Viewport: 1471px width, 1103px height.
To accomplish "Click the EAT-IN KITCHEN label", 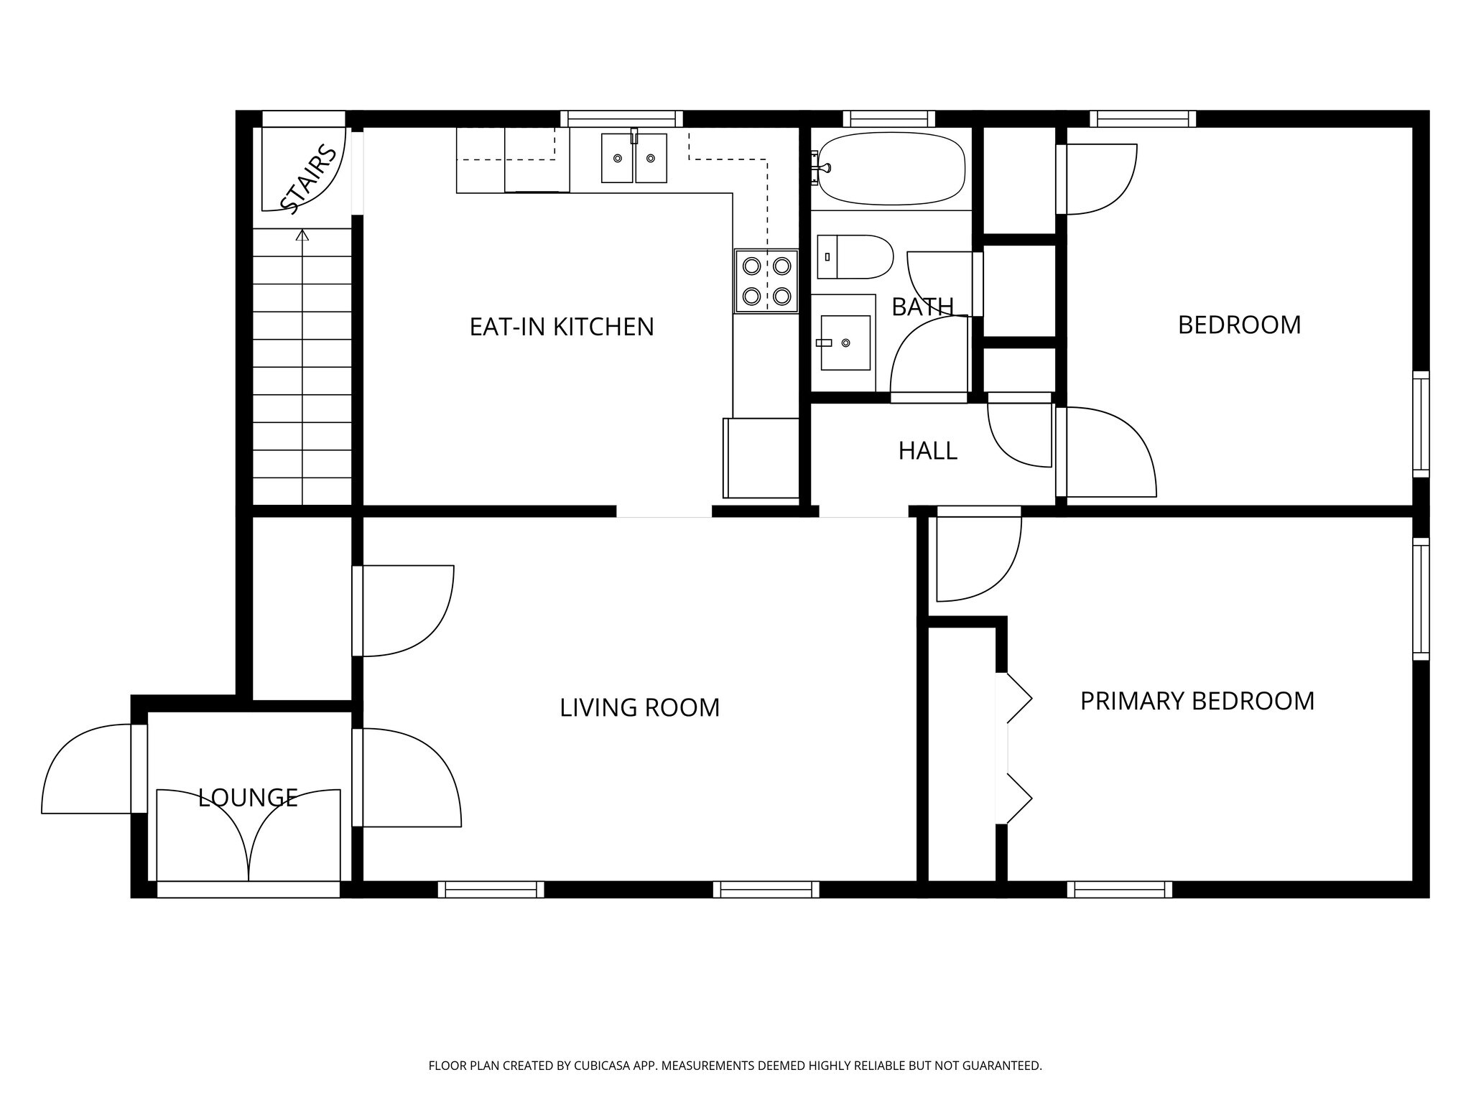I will [x=562, y=327].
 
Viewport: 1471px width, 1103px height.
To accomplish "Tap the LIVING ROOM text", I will [x=639, y=707].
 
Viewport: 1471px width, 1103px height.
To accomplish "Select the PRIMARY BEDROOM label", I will [x=1197, y=701].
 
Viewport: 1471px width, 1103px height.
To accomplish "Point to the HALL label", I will [x=927, y=451].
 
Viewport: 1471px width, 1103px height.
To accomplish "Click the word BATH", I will [x=922, y=307].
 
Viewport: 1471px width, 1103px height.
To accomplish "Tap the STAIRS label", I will [x=308, y=180].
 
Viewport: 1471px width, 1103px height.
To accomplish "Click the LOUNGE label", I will [x=248, y=797].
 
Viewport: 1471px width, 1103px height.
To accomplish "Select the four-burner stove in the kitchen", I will [x=766, y=281].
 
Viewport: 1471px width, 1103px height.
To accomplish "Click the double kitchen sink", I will [x=634, y=158].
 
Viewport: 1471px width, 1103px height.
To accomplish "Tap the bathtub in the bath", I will [x=891, y=168].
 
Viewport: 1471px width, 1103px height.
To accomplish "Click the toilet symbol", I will [x=855, y=256].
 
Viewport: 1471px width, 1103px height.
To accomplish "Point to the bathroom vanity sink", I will [x=845, y=343].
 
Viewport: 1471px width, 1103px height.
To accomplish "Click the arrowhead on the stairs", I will [x=302, y=234].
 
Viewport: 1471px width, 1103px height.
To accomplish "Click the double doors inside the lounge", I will [x=249, y=837].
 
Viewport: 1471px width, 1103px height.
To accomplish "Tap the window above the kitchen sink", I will [x=621, y=118].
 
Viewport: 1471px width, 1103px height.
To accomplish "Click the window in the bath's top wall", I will [x=888, y=118].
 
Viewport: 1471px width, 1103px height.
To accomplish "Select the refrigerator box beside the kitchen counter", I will [x=761, y=458].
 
